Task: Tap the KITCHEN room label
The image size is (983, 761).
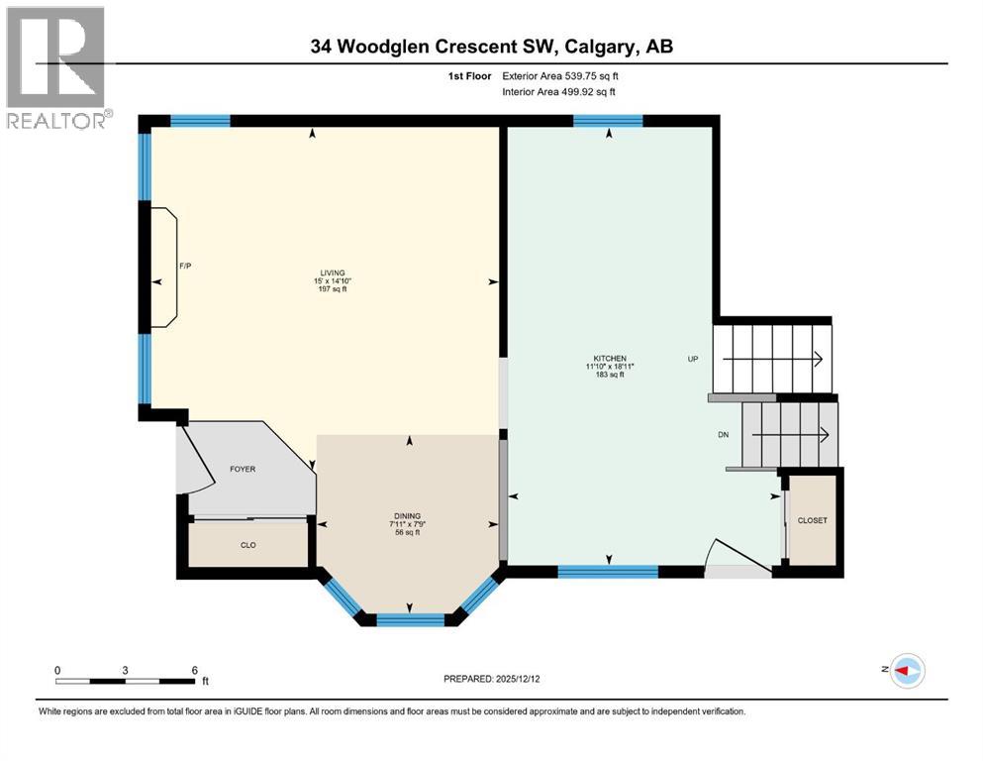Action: [x=610, y=359]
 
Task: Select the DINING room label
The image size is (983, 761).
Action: [x=407, y=516]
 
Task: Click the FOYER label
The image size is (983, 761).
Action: [x=243, y=469]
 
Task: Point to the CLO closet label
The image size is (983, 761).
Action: [x=248, y=544]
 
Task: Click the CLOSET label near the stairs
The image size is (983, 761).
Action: [x=812, y=520]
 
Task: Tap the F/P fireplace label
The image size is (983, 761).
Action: [x=184, y=266]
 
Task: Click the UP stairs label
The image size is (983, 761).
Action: [x=694, y=359]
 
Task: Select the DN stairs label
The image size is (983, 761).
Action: [x=724, y=434]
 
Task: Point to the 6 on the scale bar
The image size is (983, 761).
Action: [x=195, y=670]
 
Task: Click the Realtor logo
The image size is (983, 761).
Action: [x=55, y=67]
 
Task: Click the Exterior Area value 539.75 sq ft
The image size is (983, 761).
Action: [x=590, y=75]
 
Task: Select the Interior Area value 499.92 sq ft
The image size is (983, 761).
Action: [x=589, y=92]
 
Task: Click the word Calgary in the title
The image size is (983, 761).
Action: [x=585, y=47]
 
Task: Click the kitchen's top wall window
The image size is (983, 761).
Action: [x=608, y=122]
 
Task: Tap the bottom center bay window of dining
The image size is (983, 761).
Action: [x=410, y=620]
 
